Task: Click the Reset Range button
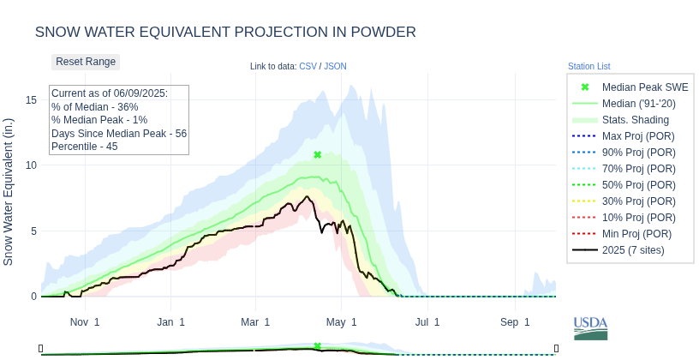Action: point(86,62)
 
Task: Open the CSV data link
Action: point(308,66)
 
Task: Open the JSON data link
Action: point(335,66)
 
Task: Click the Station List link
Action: point(588,66)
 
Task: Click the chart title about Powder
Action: point(225,32)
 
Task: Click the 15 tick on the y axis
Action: point(31,99)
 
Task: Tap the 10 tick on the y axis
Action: point(31,165)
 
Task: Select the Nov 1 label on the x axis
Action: point(85,322)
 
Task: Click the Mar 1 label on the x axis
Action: point(255,322)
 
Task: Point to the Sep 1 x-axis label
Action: point(515,322)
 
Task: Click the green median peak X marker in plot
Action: point(318,155)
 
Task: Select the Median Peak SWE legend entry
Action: point(644,87)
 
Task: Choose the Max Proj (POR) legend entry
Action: point(637,136)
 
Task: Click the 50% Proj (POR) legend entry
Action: point(637,185)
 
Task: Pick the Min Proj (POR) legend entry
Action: point(636,234)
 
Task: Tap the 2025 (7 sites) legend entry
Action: point(633,250)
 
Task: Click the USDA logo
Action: point(590,328)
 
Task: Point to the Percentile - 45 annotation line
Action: point(85,147)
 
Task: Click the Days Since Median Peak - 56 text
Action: point(119,134)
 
